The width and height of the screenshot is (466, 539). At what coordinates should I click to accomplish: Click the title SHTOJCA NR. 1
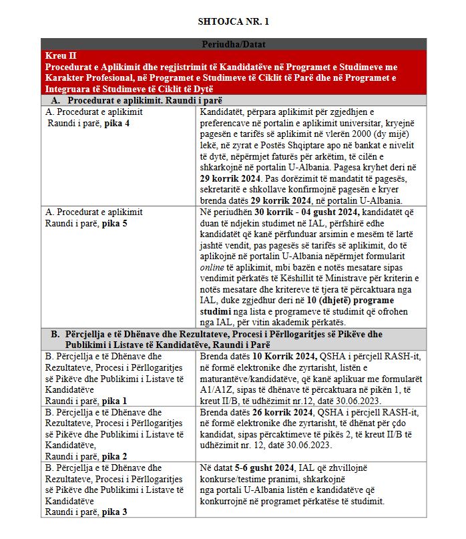coord(234,21)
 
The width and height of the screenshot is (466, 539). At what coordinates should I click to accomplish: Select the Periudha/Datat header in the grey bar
coord(233,44)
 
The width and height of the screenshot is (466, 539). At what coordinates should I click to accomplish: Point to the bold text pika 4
coord(116,124)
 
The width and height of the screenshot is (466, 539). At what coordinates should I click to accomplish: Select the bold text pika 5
coord(116,224)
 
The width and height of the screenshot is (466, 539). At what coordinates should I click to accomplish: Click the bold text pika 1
coord(116,401)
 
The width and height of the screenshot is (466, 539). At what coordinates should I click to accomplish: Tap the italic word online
coord(210,266)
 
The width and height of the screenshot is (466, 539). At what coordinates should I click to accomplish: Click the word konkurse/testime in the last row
coord(231,479)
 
